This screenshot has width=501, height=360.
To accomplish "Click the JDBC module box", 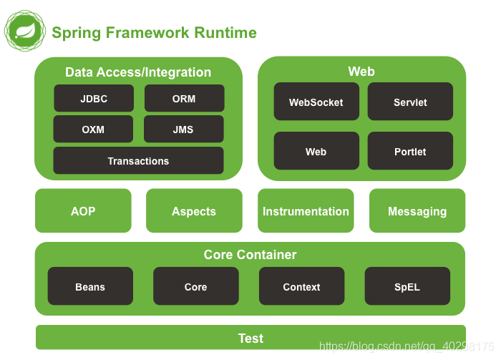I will point(94,99).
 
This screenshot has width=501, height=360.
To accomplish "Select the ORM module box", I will point(184,99).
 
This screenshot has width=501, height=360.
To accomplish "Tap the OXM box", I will point(93,130).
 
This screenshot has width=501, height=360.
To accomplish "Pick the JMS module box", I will point(183,130).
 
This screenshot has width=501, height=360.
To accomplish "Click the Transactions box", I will point(138,161).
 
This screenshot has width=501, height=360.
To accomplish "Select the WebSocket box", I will point(316,102).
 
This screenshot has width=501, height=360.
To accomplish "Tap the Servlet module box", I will point(410,102).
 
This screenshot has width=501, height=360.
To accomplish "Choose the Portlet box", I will point(410,151).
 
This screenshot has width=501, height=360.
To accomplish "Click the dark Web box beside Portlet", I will point(316,151).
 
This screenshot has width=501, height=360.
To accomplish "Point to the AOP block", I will point(83,211).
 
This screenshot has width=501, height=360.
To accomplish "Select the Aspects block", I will point(194,211).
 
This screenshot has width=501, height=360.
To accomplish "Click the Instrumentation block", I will point(306,211).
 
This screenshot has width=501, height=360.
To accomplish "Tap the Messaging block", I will point(417,211).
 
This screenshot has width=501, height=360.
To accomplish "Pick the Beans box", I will point(90,286).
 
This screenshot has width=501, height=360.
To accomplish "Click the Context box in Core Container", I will point(301,286).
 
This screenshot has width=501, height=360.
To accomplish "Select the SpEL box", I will point(407,286).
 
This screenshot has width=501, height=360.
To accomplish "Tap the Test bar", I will point(250,338).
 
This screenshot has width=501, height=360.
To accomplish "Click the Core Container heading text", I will point(250,255).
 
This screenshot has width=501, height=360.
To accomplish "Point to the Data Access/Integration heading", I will point(138,72).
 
